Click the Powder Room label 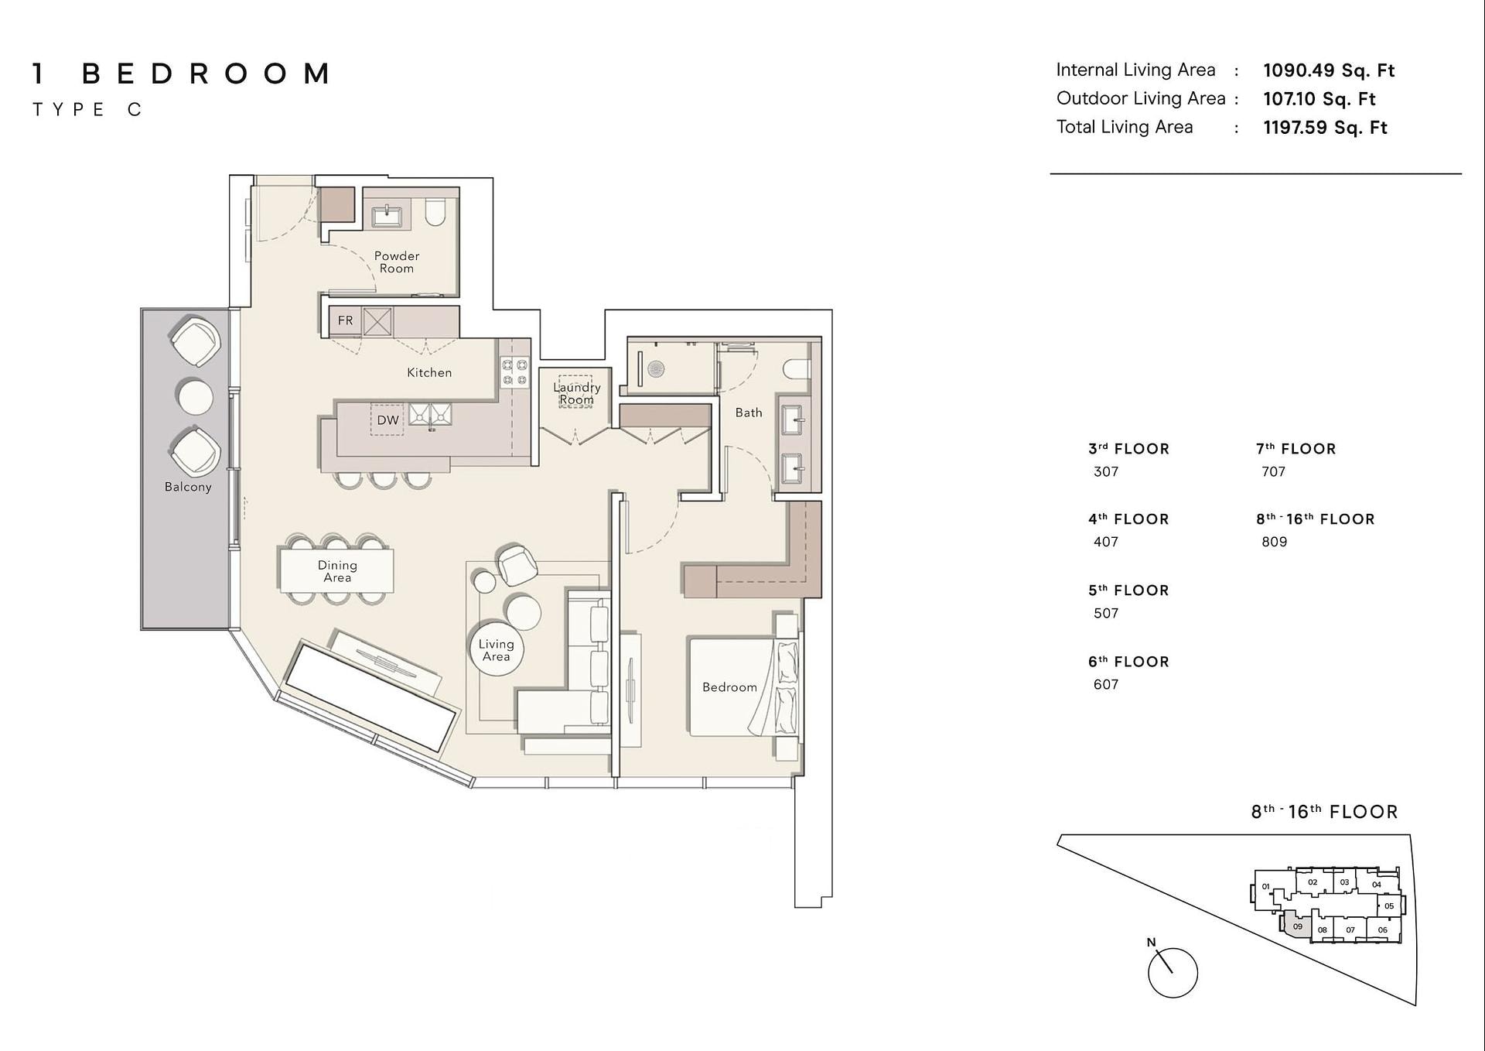tap(397, 262)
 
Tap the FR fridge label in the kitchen tap(345, 320)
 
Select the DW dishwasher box tap(387, 420)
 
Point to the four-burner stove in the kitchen tap(514, 371)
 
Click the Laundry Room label tap(577, 393)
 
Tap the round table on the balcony tap(195, 398)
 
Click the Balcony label tap(188, 487)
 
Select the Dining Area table tap(337, 570)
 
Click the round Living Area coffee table tap(497, 649)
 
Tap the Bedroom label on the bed tap(729, 687)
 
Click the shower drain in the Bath tap(656, 369)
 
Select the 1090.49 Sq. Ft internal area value tap(1329, 70)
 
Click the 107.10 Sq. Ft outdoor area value tap(1319, 99)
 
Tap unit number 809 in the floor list tap(1274, 542)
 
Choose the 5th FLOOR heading tap(1128, 591)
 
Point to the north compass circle tap(1173, 973)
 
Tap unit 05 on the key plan tap(1389, 906)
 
